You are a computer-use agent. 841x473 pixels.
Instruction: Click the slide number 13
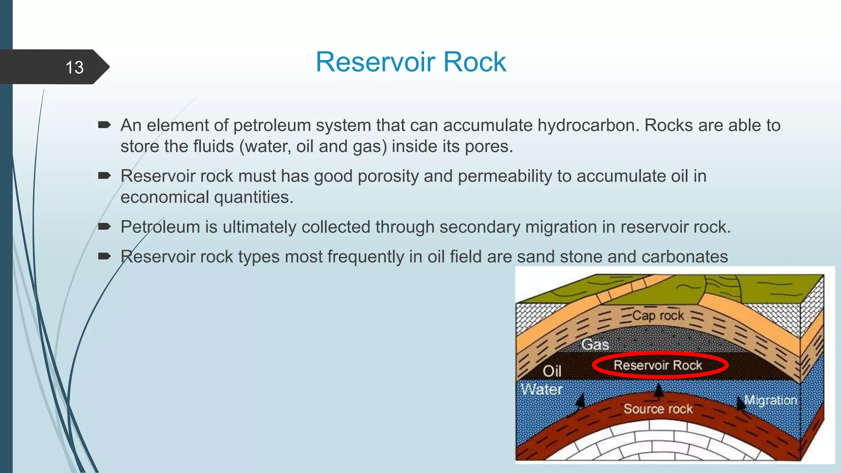click(74, 67)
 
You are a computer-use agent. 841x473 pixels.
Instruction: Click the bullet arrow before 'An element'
click(104, 125)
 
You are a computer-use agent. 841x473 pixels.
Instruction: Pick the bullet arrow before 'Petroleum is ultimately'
click(104, 227)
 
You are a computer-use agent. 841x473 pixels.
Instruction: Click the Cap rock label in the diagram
click(658, 315)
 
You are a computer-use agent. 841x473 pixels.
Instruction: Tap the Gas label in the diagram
click(595, 344)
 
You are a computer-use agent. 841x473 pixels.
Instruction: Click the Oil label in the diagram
click(551, 371)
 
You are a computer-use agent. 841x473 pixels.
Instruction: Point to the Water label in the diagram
click(541, 389)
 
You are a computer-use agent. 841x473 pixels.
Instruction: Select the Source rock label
click(658, 409)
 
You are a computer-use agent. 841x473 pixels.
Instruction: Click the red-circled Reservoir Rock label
click(658, 365)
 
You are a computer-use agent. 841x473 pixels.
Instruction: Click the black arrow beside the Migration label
click(740, 403)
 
